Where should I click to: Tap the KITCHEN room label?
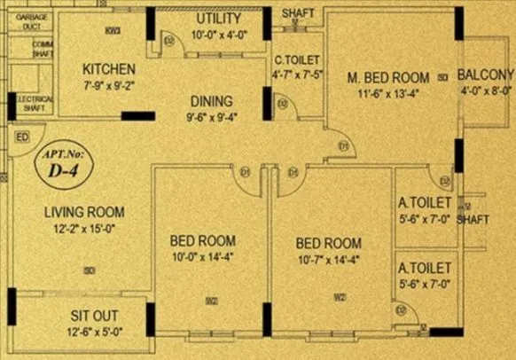(x=109, y=69)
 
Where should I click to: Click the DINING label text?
(x=210, y=100)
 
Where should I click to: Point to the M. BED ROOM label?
(x=387, y=76)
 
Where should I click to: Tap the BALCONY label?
(x=486, y=73)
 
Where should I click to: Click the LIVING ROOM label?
(x=85, y=212)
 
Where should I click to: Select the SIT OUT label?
(x=96, y=316)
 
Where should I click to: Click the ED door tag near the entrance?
(x=22, y=137)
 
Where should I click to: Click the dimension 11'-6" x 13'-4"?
(x=387, y=92)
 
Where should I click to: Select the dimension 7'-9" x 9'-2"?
(x=109, y=86)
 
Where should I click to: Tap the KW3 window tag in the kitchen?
(x=112, y=31)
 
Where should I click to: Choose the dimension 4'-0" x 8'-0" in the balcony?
(x=486, y=89)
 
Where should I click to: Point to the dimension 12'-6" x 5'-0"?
(x=96, y=333)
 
